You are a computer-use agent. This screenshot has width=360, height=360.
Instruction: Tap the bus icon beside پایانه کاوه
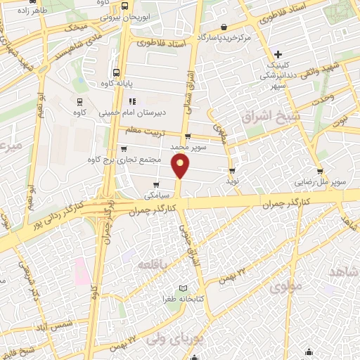pyautogui.click(x=115, y=72)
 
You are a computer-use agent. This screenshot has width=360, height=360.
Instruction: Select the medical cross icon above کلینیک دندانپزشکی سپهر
pyautogui.click(x=279, y=54)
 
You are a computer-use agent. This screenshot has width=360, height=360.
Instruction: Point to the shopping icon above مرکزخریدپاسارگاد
pyautogui.click(x=224, y=27)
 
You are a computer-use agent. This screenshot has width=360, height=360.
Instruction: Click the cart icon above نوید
pyautogui.click(x=232, y=171)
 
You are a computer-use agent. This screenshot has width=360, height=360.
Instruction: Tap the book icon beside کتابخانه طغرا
pyautogui.click(x=184, y=288)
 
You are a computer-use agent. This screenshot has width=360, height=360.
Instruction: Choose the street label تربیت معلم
pyautogui.click(x=143, y=131)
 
